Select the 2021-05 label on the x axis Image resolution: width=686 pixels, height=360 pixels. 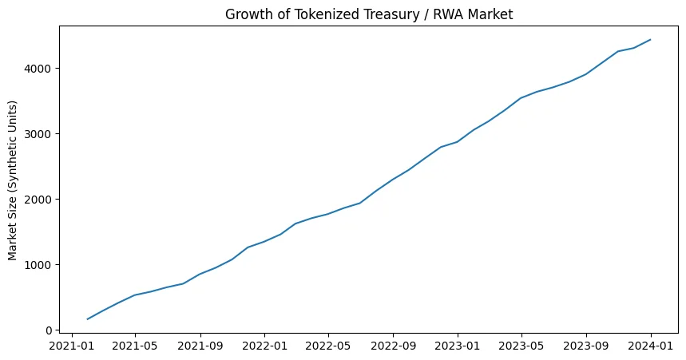(135, 346)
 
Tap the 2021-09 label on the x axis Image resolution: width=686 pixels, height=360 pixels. (200, 346)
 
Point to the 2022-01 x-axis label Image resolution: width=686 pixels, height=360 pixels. (264, 346)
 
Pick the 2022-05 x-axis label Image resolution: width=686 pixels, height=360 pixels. (327, 346)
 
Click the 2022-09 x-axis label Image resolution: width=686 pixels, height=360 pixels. (393, 346)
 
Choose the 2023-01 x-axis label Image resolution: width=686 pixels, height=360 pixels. (458, 346)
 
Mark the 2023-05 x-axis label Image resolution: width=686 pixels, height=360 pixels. (521, 346)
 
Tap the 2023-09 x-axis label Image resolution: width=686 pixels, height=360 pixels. (586, 346)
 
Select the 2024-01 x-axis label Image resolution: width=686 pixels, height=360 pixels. (651, 346)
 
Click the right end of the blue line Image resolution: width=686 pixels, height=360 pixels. (651, 39)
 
